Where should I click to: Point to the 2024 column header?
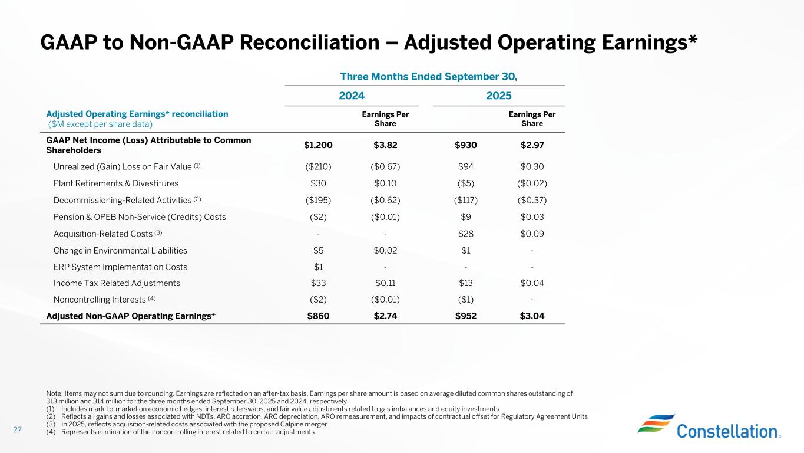pos(352,96)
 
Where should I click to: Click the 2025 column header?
pos(499,96)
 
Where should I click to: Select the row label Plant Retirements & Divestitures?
pos(116,183)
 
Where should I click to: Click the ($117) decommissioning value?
pos(465,200)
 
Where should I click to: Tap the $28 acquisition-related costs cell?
pos(465,234)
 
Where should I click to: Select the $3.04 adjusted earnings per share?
pos(532,316)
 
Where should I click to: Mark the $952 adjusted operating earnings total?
pos(465,316)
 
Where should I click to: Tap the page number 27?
pos(17,430)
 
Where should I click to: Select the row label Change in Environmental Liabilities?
pos(120,250)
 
